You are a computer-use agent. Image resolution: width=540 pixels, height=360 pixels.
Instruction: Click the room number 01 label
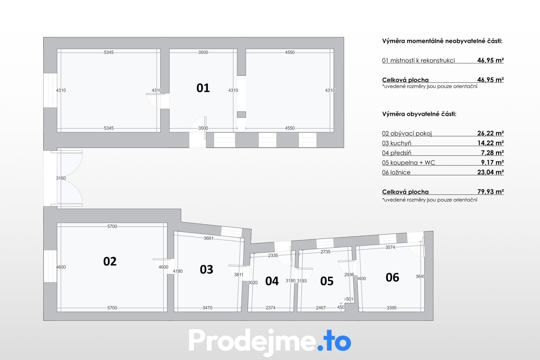coord(203,88)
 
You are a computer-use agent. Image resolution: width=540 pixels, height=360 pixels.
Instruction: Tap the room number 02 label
coord(110,261)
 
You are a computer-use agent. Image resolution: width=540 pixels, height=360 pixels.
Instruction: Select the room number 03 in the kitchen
coord(206,269)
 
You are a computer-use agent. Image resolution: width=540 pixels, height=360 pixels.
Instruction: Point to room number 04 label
coord(272,281)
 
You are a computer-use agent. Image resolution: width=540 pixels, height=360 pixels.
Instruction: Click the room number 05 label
coord(327,281)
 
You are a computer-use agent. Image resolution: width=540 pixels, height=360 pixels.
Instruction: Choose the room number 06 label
coord(392,278)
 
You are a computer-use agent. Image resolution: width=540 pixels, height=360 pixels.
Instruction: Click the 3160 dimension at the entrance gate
coord(61,178)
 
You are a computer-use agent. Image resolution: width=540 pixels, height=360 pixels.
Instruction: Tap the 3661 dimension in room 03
coord(209,238)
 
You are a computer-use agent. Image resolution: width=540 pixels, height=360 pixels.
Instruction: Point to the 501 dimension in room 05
coord(350,299)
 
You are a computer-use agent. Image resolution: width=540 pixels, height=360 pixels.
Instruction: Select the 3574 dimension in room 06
coord(390,247)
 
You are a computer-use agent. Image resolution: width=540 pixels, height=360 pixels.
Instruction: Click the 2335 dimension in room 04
coord(273,255)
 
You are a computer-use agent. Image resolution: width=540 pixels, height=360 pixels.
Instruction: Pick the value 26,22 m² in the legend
coord(490,133)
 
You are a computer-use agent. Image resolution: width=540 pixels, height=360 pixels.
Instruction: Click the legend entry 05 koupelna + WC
coord(408,163)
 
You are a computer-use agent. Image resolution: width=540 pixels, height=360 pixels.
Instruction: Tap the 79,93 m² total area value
coord(490,192)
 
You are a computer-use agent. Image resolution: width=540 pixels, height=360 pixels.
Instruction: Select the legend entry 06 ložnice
coord(396,172)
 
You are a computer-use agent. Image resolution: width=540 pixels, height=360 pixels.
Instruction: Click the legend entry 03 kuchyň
coord(397,143)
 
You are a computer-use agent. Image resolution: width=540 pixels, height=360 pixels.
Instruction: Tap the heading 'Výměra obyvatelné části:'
coord(419,114)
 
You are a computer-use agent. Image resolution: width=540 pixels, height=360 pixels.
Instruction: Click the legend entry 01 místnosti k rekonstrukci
coord(418,60)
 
